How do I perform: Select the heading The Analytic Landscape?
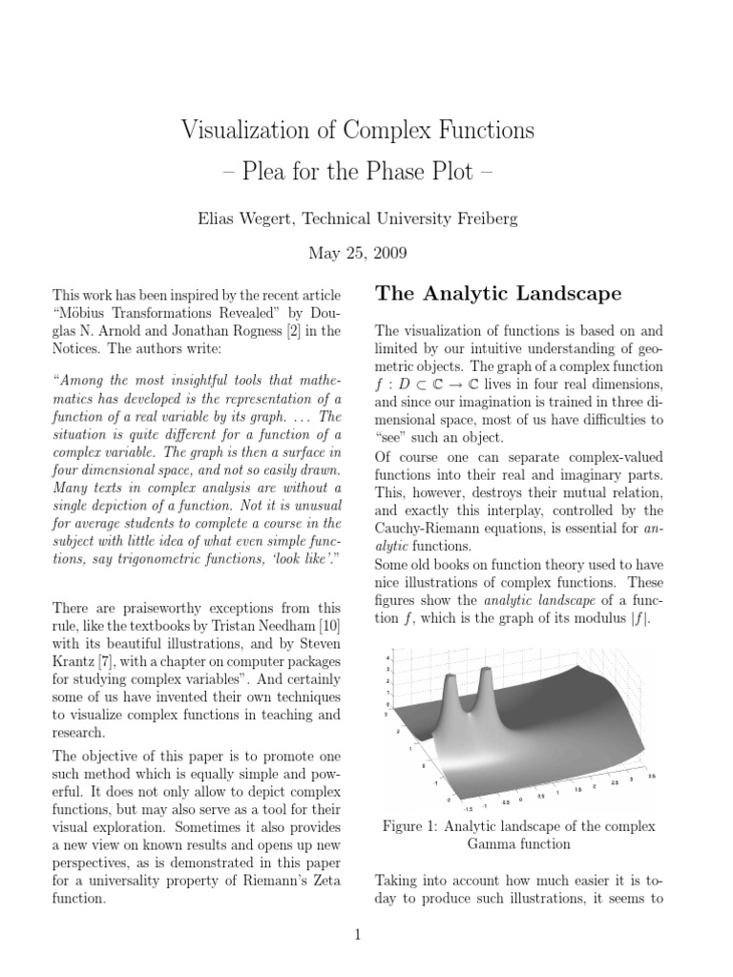498,292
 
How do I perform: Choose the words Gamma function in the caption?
518,844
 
